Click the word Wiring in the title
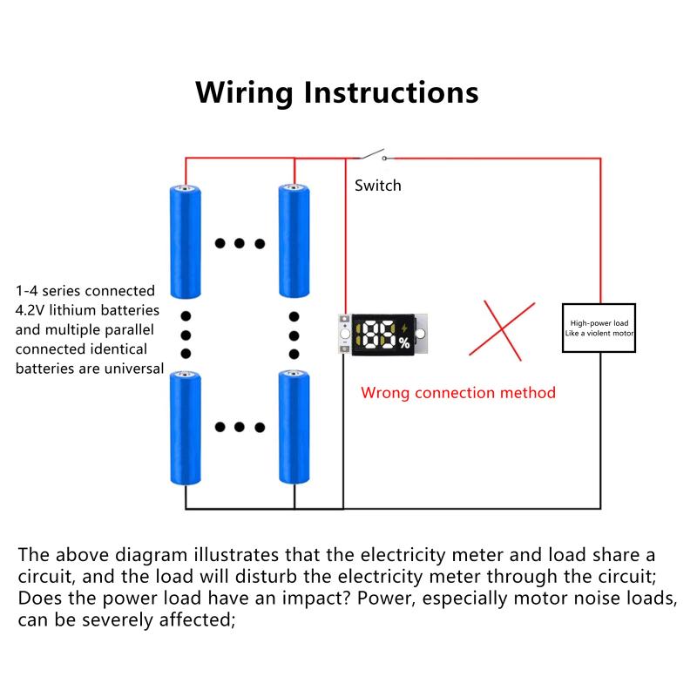point(244,93)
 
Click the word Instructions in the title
point(391,92)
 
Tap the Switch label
point(378,186)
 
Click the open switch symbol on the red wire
point(373,155)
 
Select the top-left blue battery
point(186,242)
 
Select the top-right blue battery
point(294,241)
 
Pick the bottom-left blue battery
point(186,428)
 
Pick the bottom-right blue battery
point(294,427)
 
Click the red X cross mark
point(502,330)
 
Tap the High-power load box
point(599,328)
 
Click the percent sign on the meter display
point(404,342)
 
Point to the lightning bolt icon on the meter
point(404,328)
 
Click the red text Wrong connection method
point(458,393)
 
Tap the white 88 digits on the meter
point(379,335)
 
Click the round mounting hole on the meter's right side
point(420,334)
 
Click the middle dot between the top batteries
point(239,243)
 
